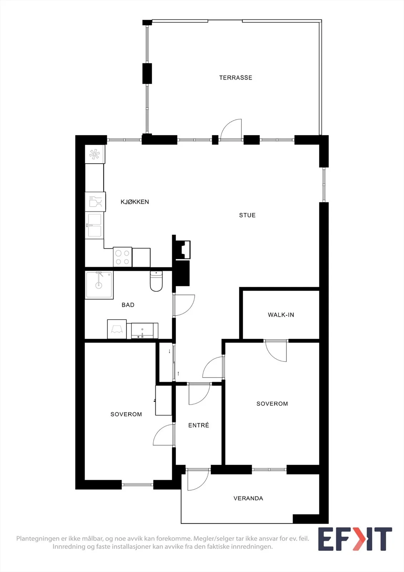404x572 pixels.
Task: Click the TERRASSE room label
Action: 235,78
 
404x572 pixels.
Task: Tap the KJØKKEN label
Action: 135,202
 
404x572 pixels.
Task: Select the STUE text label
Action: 247,215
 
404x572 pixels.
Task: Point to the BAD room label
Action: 128,305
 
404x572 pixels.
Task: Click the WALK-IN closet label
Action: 281,315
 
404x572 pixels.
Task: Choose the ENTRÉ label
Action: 199,425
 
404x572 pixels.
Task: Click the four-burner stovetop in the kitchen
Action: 123,257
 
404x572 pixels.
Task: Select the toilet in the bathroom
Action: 156,281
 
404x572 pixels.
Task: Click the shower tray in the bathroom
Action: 99,285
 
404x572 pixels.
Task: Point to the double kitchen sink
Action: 94,225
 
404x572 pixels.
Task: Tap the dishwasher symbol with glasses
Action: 95,202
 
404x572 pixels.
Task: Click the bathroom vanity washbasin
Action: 142,331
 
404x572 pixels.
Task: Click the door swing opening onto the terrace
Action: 231,129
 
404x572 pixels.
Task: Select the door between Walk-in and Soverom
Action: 276,351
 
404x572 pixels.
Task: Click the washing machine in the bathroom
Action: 117,329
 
